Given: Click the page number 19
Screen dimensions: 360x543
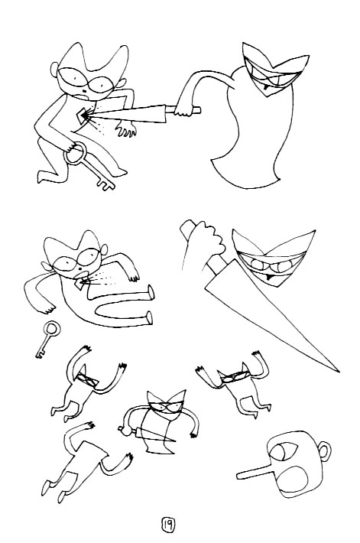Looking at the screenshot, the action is (x=168, y=525).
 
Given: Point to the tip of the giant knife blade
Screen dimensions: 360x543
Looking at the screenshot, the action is (x=339, y=371).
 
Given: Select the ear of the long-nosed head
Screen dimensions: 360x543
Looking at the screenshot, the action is (x=324, y=451).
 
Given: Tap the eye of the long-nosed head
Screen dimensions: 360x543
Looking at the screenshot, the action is (x=283, y=451).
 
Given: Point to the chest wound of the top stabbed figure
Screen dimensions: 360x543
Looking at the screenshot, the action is (x=84, y=116).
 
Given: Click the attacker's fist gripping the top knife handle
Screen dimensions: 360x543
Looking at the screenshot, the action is (x=183, y=108).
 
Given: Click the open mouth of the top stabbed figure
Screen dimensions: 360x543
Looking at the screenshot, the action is (x=84, y=92).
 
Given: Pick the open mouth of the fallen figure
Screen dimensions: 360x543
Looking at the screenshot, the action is (x=80, y=269).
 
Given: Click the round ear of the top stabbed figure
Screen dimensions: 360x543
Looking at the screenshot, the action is (x=54, y=70).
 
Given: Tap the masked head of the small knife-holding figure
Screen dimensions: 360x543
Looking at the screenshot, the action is (x=165, y=405).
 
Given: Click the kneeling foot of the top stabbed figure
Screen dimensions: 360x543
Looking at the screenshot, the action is (x=44, y=177).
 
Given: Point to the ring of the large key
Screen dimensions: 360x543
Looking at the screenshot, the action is (x=75, y=153).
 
